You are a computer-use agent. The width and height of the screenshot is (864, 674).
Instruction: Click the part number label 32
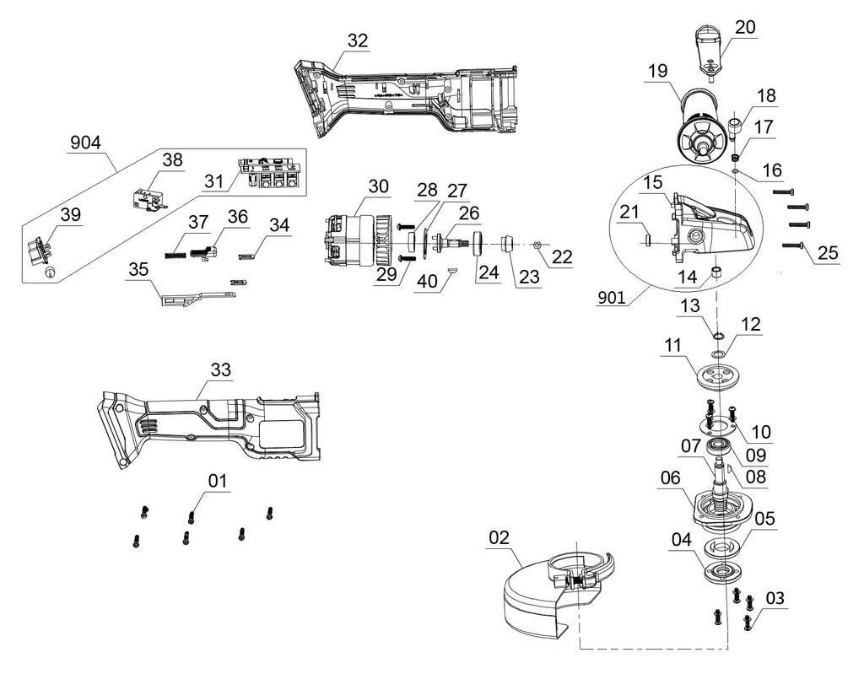click(x=358, y=40)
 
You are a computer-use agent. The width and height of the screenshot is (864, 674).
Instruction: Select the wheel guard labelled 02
click(x=551, y=596)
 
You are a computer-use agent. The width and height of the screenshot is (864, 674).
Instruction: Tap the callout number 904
click(x=85, y=143)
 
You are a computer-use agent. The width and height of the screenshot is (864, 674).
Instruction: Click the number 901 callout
click(x=612, y=298)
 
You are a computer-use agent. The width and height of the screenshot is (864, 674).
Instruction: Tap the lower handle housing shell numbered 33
click(x=209, y=427)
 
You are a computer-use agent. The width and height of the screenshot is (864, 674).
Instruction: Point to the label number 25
click(x=827, y=253)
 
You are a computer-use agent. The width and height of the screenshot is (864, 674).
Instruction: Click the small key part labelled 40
click(x=452, y=270)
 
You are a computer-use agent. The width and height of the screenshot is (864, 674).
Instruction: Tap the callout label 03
click(x=775, y=598)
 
